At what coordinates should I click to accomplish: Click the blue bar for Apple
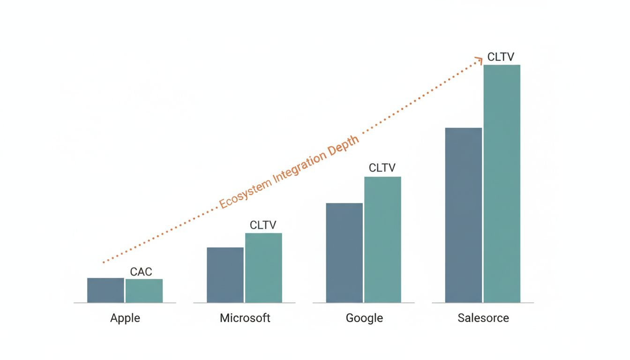click(105, 290)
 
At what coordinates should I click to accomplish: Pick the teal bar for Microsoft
click(263, 268)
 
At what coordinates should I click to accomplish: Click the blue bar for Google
click(344, 253)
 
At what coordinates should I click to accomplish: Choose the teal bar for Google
click(382, 240)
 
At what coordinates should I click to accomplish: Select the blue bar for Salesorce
click(463, 215)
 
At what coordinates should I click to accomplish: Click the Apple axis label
click(125, 318)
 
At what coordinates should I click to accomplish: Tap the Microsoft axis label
click(245, 318)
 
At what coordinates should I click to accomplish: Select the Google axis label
click(364, 318)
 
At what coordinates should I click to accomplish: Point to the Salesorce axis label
click(483, 318)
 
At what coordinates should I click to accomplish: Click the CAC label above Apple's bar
click(141, 272)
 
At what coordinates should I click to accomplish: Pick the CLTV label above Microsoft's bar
click(263, 225)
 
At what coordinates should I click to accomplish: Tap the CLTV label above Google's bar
click(382, 168)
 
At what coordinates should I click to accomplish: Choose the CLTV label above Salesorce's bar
click(501, 57)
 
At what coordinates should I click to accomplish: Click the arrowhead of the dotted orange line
click(479, 60)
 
